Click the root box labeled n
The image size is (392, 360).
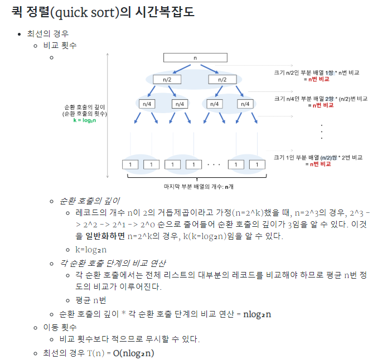[x=195, y=58]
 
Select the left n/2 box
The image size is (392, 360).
[x=167, y=80]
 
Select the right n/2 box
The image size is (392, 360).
[x=222, y=80]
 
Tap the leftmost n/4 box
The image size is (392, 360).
[x=147, y=104]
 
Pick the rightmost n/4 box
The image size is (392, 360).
[x=245, y=104]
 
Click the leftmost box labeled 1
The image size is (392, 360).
[x=130, y=164]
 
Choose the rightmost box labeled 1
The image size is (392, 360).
[x=257, y=164]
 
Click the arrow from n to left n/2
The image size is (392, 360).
[x=182, y=69]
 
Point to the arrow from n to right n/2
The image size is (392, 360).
[x=210, y=69]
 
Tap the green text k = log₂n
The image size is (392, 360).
[x=85, y=120]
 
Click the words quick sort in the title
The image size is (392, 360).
[x=80, y=12]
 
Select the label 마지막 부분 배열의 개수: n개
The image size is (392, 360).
[x=199, y=187]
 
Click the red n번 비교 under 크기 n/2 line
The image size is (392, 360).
[x=318, y=79]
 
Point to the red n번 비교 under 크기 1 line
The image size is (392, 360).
[x=320, y=164]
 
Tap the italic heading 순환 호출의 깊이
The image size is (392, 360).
[x=89, y=201]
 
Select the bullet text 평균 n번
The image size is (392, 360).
[x=91, y=300]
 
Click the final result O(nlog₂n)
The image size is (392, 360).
[x=133, y=353]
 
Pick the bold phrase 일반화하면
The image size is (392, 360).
[x=105, y=236]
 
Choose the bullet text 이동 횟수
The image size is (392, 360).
[x=60, y=327]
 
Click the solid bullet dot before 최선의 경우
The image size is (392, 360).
[x=20, y=34]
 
